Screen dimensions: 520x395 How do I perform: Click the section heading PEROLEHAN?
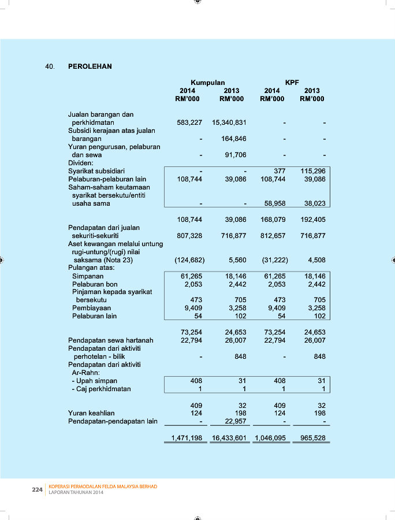90,66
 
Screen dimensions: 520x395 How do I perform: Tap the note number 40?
50,66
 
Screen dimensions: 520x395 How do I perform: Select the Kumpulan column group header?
208,83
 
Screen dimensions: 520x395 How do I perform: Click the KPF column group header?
292,83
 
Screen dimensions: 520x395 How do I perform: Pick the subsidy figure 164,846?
234,139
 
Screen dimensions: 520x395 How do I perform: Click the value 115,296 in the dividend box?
313,171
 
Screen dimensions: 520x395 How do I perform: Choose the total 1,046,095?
270,439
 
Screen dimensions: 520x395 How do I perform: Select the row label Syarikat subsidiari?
96,171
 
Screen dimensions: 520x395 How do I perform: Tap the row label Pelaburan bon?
95,284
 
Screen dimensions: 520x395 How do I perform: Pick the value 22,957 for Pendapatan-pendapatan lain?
234,421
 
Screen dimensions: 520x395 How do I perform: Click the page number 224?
38,489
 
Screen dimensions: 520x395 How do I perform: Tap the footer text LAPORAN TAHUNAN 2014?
77,492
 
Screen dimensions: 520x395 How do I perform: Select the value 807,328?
189,236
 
